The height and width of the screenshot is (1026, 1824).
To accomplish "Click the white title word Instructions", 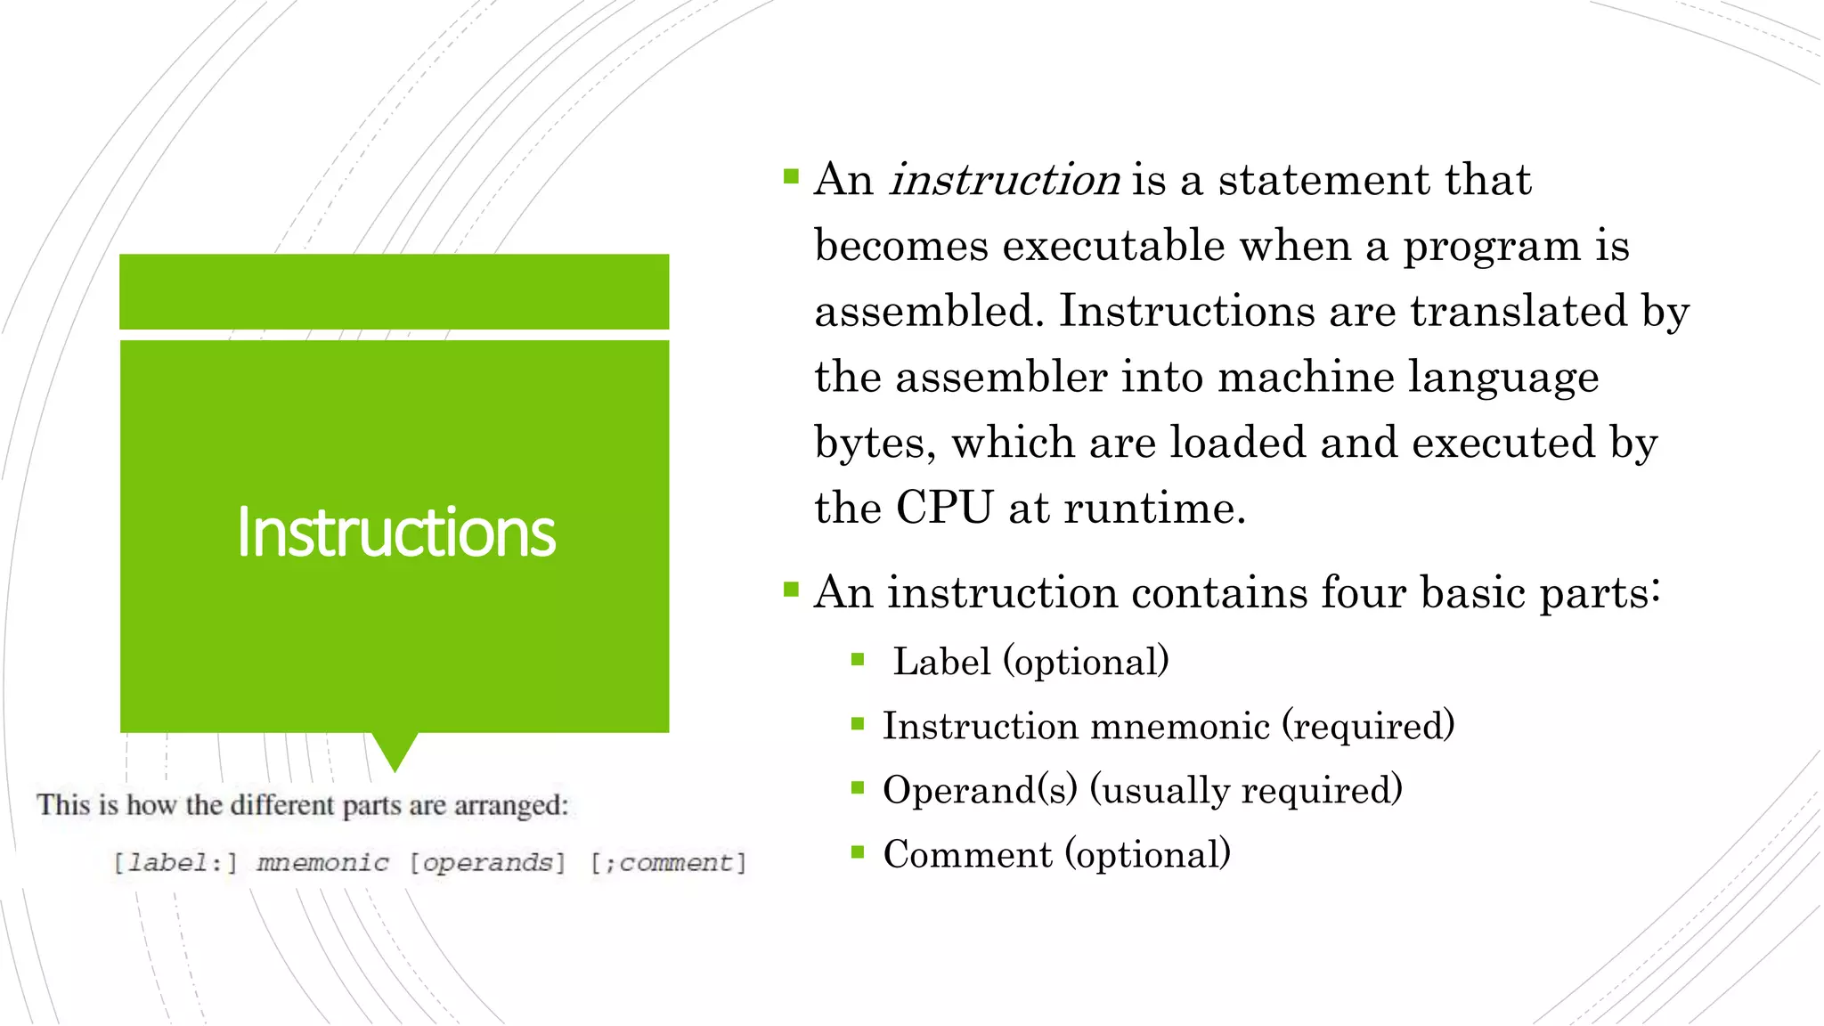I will pyautogui.click(x=395, y=533).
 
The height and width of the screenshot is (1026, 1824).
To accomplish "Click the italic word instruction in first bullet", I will pyautogui.click(x=1005, y=181).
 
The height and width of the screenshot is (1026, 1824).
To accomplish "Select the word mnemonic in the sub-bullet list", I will pyautogui.click(x=1180, y=727).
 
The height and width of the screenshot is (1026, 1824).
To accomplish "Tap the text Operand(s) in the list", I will pyautogui.click(x=980, y=791).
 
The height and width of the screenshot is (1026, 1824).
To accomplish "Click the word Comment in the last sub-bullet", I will pyautogui.click(x=967, y=855).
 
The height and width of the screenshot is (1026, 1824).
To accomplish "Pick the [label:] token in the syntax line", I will pyautogui.click(x=175, y=863).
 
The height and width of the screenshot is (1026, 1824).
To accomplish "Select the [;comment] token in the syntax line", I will pyautogui.click(x=668, y=863).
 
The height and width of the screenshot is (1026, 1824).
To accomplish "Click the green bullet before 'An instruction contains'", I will pyautogui.click(x=791, y=590).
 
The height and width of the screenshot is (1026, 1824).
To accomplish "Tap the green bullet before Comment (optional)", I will pyautogui.click(x=858, y=852).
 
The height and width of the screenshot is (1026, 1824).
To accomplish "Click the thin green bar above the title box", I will pyautogui.click(x=394, y=291).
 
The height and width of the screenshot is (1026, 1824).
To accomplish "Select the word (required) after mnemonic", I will pyautogui.click(x=1368, y=727).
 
